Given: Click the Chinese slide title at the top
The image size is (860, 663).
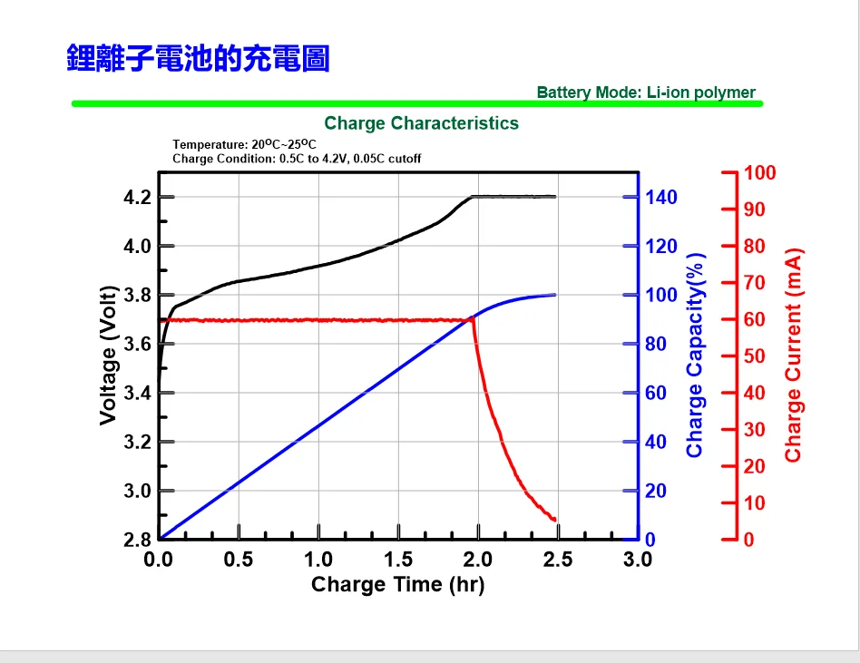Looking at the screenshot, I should click(x=197, y=59).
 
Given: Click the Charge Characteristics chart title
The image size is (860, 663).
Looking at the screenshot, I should click(x=421, y=123).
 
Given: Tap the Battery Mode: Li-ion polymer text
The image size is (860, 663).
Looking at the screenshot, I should click(x=645, y=93).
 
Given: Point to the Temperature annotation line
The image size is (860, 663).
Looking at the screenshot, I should click(x=244, y=144).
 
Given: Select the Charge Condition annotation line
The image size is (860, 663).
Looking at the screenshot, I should click(x=297, y=159).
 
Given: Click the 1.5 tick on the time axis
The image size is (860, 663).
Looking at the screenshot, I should click(x=398, y=560).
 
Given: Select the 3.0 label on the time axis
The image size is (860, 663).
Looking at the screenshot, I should click(x=638, y=560).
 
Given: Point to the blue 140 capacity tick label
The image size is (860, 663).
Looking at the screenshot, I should click(x=661, y=198).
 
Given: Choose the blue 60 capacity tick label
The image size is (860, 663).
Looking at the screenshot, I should click(x=657, y=394).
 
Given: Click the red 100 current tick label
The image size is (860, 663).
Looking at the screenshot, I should click(x=760, y=173).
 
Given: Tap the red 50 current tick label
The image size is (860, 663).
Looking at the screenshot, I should click(x=755, y=356).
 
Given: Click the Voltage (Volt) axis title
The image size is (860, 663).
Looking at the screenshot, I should click(x=110, y=355).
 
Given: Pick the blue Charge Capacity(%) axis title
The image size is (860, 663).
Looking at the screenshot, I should click(x=696, y=355).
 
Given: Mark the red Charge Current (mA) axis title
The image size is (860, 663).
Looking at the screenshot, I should click(x=794, y=355).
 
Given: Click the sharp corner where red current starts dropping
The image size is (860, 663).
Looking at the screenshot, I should click(x=474, y=319).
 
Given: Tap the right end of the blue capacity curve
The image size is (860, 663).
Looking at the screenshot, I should click(x=555, y=295).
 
